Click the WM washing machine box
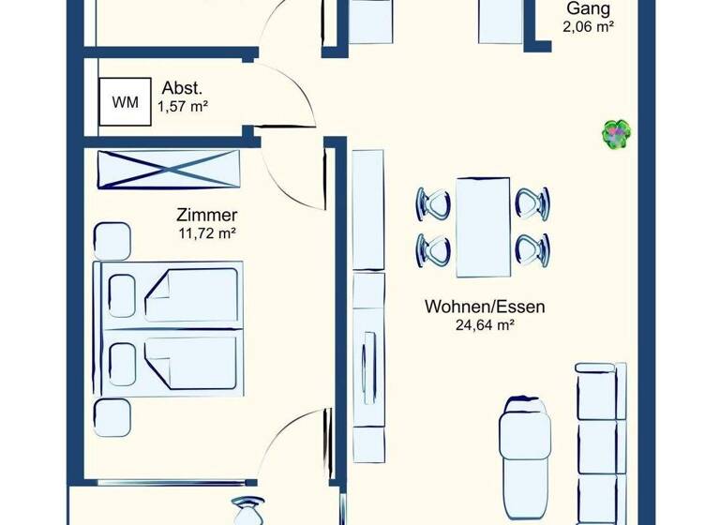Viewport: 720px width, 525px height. coord(124,101)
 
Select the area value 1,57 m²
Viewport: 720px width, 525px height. coord(183,106)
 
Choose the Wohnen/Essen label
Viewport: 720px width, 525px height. coord(485,307)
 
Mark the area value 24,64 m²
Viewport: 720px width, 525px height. coord(485,325)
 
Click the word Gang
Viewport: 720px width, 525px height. coord(588,9)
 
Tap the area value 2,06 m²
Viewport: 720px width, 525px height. coord(588,28)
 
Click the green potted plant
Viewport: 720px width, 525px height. coord(615,133)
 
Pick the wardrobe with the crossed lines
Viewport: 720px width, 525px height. coord(170,170)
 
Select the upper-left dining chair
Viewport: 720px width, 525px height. coord(434,202)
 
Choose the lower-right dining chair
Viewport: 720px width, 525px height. coord(532,249)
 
